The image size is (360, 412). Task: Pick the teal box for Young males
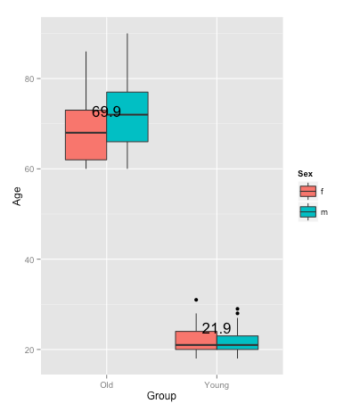click(237, 342)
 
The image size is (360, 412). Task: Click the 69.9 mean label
click(106, 112)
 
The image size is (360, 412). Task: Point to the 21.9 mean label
click(217, 329)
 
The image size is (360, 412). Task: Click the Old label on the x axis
click(106, 385)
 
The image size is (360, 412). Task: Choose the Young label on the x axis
click(217, 385)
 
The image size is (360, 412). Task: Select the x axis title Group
click(161, 398)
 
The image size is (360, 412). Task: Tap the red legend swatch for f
click(308, 191)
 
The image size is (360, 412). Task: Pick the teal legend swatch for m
click(308, 211)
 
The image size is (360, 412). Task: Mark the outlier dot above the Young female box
click(196, 300)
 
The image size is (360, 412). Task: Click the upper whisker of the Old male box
click(127, 62)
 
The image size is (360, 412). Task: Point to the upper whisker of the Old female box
click(86, 80)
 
